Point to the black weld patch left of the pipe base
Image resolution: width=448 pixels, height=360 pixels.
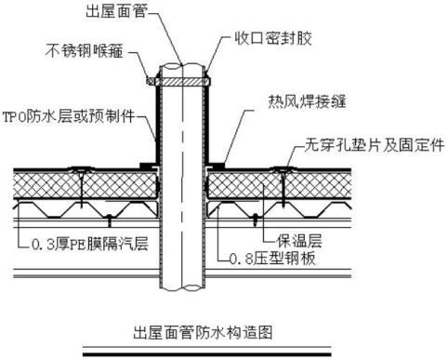click(146, 166)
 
